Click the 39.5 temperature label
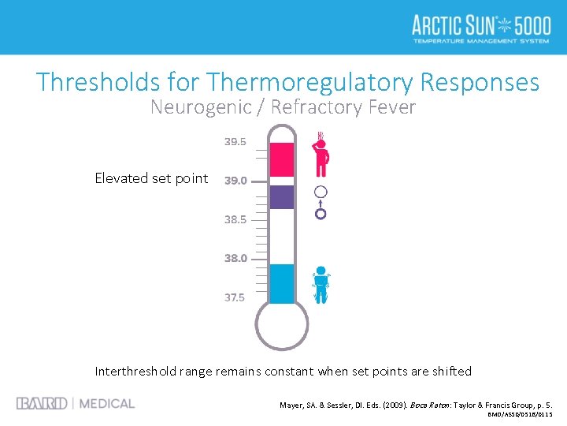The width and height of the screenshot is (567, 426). [235, 142]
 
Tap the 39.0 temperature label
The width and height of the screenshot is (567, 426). [235, 181]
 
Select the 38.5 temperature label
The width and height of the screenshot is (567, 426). [235, 219]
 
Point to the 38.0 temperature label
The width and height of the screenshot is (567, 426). [235, 258]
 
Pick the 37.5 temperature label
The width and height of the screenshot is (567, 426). [235, 297]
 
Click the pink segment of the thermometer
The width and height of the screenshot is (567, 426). [281, 159]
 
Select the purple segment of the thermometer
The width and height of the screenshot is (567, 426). [281, 196]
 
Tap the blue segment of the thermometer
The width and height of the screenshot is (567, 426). [281, 283]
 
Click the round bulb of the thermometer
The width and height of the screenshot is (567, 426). [281, 325]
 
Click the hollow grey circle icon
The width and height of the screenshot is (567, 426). [321, 192]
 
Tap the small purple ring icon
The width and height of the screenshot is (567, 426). [321, 213]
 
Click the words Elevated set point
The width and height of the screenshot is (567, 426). [151, 178]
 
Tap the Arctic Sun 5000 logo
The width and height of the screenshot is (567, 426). [481, 28]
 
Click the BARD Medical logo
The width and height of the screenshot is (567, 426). [76, 403]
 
